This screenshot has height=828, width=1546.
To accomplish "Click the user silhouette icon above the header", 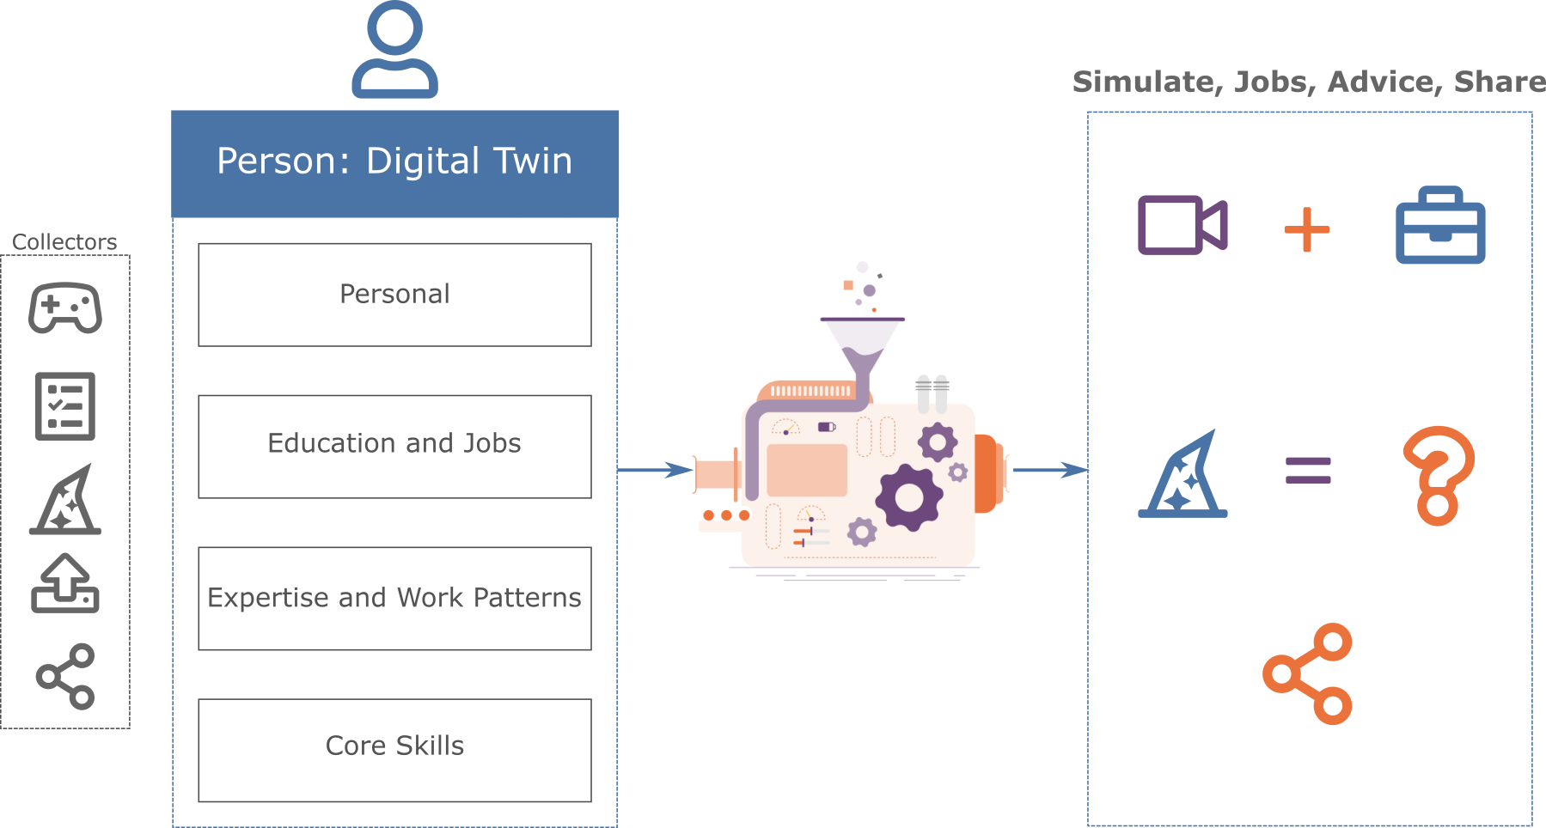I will click(x=394, y=50).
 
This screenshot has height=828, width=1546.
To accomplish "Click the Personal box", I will click(x=394, y=295).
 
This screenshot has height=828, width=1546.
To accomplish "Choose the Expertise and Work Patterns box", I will click(x=394, y=598).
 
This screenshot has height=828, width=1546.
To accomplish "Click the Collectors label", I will click(x=64, y=242).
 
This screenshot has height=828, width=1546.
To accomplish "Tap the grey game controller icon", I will click(x=64, y=307).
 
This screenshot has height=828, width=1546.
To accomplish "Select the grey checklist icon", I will click(x=64, y=406).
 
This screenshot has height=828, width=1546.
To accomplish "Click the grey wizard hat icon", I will click(x=65, y=501).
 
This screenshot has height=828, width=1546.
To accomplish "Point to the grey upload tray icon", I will click(x=65, y=584).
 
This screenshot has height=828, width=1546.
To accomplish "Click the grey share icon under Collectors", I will click(x=65, y=677).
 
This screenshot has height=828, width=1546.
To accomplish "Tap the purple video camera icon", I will click(x=1182, y=225).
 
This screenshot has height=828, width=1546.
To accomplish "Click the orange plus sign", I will click(x=1306, y=229).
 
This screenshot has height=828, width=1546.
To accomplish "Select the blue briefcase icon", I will click(x=1440, y=226).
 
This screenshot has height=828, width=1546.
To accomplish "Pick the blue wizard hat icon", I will click(x=1184, y=475).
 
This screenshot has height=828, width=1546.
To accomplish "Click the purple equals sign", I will click(x=1308, y=471).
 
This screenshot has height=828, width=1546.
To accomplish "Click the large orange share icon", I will click(x=1307, y=674).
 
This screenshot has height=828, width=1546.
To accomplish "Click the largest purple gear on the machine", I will click(x=908, y=497).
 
